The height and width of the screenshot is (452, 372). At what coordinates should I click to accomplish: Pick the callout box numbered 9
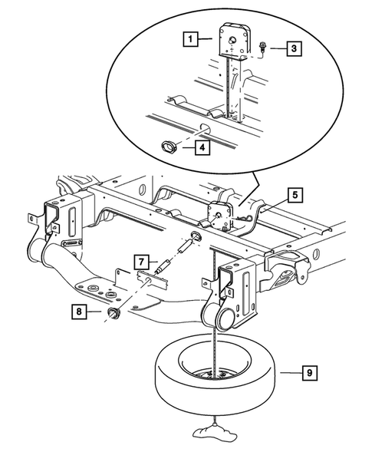point(309,374)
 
